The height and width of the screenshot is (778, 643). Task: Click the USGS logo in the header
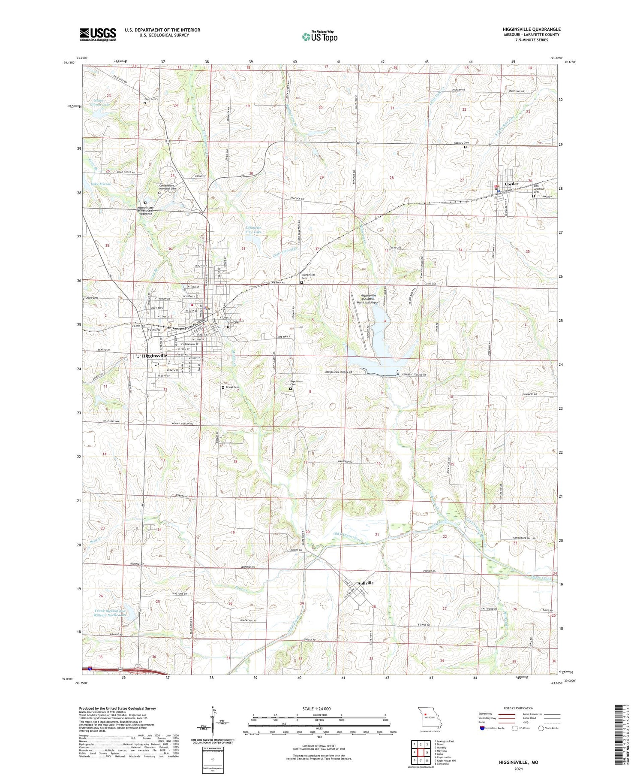98,34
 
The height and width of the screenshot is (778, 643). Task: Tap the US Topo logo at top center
320,36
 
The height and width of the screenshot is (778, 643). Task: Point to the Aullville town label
366,583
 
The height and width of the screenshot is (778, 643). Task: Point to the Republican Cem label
297,383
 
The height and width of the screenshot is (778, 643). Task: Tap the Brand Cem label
232,387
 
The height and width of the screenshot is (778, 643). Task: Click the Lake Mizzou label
101,184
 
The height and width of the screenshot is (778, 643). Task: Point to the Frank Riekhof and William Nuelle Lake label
110,613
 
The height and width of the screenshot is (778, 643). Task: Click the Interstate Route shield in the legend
482,728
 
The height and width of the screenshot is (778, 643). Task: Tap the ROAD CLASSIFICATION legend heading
519,708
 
